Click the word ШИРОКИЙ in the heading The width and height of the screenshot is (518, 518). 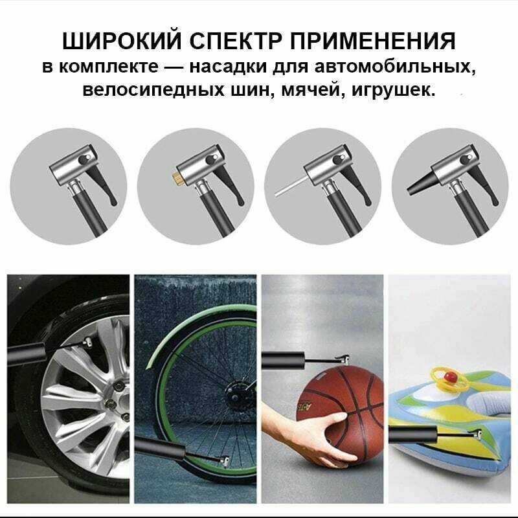tap(122, 41)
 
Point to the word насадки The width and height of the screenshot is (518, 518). tap(228, 67)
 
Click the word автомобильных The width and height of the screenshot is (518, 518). tap(395, 67)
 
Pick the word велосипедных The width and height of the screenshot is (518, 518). tap(153, 90)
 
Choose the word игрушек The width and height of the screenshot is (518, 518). tap(393, 90)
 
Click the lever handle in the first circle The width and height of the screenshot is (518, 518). tap(103, 185)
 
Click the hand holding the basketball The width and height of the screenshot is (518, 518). tap(311, 436)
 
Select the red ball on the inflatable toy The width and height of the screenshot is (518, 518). tap(448, 376)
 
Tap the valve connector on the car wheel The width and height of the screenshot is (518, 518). tap(87, 343)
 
